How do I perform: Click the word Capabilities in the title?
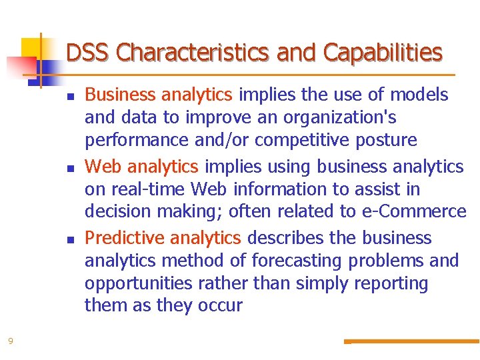click(x=383, y=52)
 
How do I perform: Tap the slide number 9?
click(x=10, y=341)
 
